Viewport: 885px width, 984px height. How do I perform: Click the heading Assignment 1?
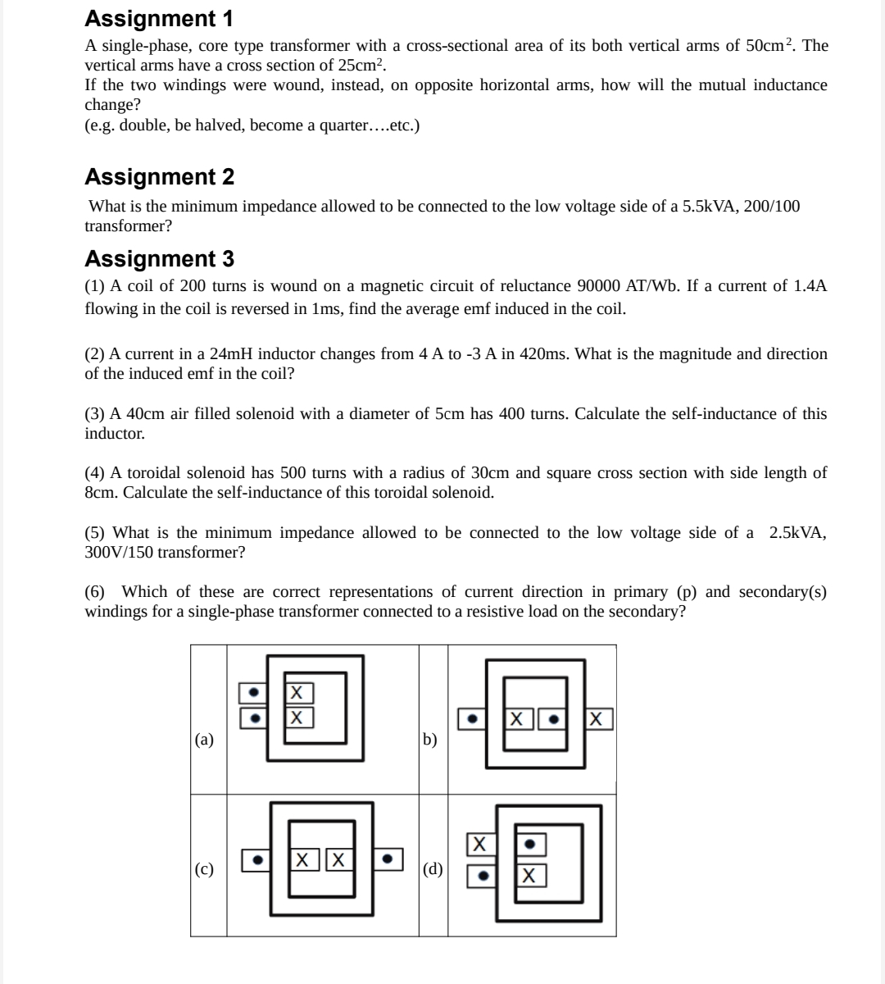159,18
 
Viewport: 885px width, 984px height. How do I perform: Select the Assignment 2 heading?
159,176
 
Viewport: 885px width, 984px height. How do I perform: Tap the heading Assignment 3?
159,258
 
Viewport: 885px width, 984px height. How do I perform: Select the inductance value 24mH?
232,354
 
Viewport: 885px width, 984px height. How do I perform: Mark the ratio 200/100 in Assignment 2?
772,207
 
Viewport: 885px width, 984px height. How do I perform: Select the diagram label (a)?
204,739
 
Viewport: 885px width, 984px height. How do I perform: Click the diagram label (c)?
204,869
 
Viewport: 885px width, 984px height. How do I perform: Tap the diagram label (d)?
433,869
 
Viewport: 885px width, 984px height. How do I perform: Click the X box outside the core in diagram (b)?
600,719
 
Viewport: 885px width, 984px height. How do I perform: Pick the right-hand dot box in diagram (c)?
388,860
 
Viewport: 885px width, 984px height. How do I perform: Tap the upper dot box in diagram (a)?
253,693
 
